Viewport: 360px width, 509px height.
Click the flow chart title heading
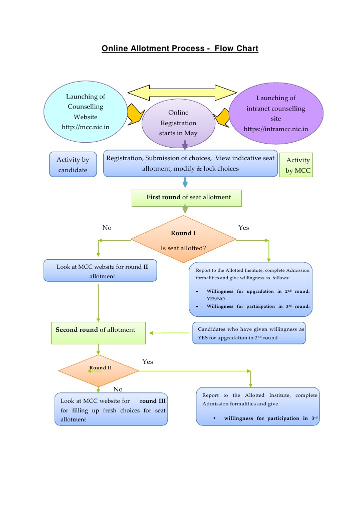180,49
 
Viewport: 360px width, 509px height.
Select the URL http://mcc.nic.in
85,127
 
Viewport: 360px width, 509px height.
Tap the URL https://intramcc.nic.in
275,129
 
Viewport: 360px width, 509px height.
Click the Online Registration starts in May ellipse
178,123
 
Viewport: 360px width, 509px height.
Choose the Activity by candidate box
73,165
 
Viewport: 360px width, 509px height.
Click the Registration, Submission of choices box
190,163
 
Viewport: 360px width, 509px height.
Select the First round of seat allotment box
186,197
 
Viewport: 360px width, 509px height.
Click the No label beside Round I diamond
107,228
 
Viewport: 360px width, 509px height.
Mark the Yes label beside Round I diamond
243,228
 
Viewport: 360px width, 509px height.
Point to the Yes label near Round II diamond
148,361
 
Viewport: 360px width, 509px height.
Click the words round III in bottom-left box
153,401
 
